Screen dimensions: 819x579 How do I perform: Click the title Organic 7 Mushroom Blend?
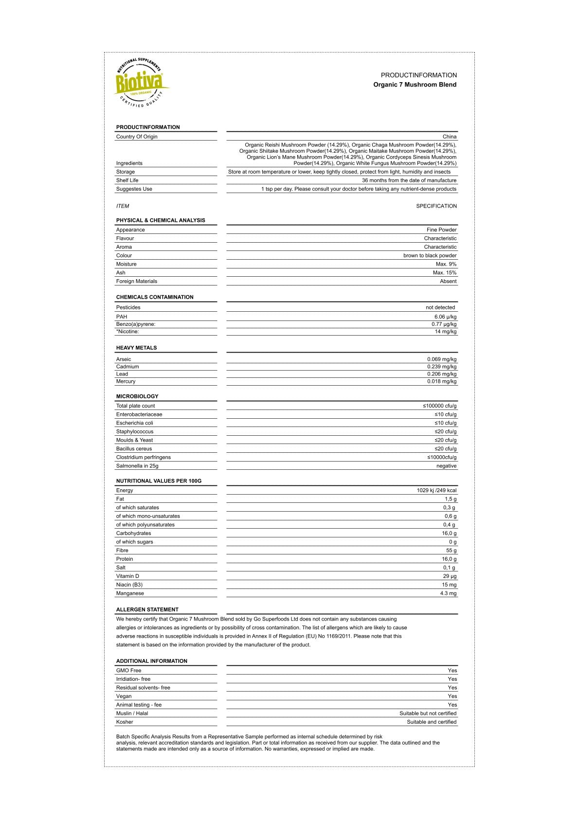point(415,85)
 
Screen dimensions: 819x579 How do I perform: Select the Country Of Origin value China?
point(449,137)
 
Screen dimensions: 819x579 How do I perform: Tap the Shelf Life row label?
point(127,180)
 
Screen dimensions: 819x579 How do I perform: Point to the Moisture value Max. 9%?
point(446,264)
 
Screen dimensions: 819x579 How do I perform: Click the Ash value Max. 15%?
point(444,273)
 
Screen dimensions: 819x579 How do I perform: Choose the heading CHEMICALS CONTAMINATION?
point(155,297)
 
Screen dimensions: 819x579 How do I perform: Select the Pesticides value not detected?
point(440,307)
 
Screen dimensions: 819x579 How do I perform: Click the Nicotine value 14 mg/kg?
point(445,332)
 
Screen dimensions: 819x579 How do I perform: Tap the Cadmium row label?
point(127,367)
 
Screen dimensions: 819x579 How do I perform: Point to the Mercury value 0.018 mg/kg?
point(442,381)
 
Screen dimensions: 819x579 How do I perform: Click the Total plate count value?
point(439,406)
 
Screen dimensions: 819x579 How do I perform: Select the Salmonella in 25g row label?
point(137,466)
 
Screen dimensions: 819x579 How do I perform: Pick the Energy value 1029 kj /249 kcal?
point(436,490)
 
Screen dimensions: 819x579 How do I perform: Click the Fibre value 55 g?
point(451,551)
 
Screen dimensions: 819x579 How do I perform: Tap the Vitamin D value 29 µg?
point(450,576)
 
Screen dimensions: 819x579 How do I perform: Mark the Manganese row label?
point(130,593)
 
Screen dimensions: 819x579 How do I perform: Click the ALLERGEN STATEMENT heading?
point(147,609)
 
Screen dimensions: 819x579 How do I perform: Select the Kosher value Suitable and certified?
point(432,722)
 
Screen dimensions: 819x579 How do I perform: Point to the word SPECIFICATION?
point(436,206)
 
